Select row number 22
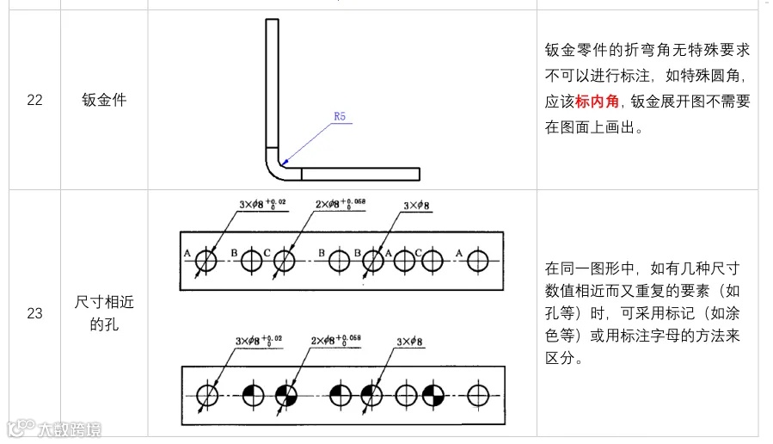coord(34,100)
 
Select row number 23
coord(34,313)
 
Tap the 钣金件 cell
coord(105,100)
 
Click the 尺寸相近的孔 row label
coord(105,313)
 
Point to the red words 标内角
coord(598,102)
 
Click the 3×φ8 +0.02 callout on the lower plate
coord(259,342)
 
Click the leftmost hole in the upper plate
coord(207,259)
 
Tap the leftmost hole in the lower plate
coord(207,395)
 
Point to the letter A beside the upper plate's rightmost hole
coord(460,252)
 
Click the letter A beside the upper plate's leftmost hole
coord(187,252)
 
